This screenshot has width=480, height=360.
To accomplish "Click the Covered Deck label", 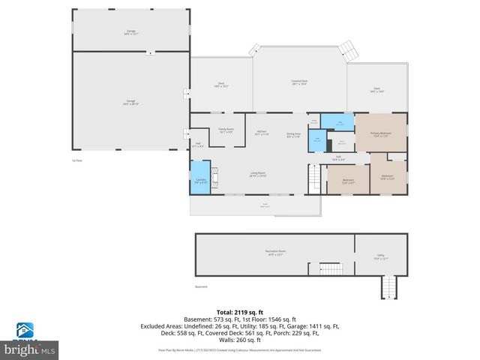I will [299, 82].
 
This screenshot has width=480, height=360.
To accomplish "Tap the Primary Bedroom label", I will [380, 134].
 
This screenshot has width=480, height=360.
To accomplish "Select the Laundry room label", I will [200, 181].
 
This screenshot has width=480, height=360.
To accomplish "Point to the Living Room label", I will [257, 174].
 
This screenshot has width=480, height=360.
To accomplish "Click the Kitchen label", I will [261, 133].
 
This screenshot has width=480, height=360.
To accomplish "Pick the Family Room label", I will [226, 130].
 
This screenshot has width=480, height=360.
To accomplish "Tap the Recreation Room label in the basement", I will [275, 253].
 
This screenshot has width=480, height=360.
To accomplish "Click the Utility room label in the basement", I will [380, 257].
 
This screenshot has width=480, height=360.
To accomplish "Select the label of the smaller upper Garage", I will [130, 32].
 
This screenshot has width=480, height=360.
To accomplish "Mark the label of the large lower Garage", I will [130, 103].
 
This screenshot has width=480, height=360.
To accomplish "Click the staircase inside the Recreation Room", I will [330, 268].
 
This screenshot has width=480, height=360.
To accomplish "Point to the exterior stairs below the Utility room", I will [388, 287].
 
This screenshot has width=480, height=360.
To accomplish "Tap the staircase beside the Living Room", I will [314, 180].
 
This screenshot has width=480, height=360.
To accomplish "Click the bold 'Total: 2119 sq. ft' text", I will [239, 312].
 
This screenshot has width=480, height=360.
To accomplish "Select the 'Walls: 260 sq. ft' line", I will [239, 340].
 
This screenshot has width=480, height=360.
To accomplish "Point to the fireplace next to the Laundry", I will [215, 180].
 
